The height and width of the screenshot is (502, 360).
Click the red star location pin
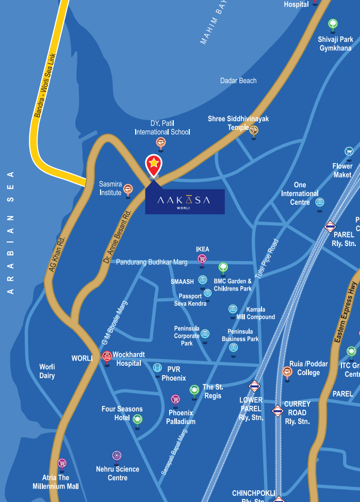pos(154,165)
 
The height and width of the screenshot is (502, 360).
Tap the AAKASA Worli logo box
pos(184,201)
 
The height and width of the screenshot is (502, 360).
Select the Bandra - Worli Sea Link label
pos(45,86)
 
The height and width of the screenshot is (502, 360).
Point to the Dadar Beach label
pos(238,80)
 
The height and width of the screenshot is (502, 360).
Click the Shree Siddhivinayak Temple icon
pos(254,130)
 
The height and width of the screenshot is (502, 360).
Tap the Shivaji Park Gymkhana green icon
pos(333,24)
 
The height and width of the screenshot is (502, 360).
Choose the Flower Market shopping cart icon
pos(349,151)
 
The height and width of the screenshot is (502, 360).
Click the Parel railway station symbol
pos(330,226)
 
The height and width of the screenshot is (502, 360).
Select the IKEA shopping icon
pos(202,258)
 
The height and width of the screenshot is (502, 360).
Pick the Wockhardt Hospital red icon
pos(107,355)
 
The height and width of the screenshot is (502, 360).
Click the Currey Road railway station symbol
pos(277,411)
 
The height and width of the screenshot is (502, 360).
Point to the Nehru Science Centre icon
pos(117,456)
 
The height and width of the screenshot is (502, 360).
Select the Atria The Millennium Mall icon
pos(62,463)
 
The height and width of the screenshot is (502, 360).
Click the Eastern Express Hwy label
pos(346,313)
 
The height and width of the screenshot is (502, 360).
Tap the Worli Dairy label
pos(47,371)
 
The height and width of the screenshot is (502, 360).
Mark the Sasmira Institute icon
pos(128,189)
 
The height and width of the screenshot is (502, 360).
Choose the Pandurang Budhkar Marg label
pos(152,262)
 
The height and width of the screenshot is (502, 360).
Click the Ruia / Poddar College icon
pos(287,371)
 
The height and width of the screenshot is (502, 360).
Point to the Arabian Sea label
pos(10,232)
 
